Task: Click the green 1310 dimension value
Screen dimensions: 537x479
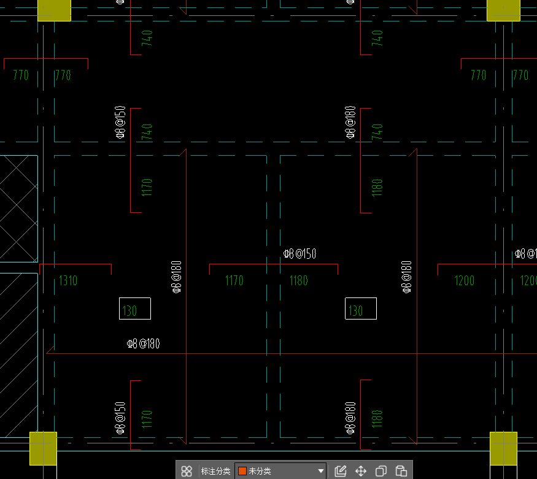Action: (x=68, y=280)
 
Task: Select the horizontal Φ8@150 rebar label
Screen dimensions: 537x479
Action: (x=299, y=254)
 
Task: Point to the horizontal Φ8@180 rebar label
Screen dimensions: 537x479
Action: (x=143, y=343)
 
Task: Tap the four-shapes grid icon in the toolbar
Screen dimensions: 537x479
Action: (x=187, y=471)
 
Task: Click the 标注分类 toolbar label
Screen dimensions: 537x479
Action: (x=216, y=471)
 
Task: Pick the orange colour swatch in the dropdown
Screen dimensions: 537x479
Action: (x=242, y=471)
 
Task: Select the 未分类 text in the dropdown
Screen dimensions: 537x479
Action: (x=260, y=471)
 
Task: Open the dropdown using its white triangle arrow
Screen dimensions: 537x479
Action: (x=321, y=471)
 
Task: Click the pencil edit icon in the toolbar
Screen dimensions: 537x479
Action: (x=341, y=471)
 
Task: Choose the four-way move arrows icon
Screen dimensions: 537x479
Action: (x=361, y=471)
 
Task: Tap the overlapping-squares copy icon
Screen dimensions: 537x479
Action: (x=381, y=471)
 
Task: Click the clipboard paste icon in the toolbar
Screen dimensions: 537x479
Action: (x=401, y=471)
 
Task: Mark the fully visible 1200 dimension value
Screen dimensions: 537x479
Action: (x=465, y=280)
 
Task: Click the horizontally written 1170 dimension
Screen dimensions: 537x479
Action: (x=234, y=280)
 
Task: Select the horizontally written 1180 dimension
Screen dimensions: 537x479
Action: (x=299, y=280)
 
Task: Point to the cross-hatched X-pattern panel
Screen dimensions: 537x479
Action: (x=19, y=209)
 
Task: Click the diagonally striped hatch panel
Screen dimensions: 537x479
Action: (x=19, y=355)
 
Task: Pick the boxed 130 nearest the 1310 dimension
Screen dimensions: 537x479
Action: (x=135, y=308)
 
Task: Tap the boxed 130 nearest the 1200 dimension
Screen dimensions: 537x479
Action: (x=361, y=308)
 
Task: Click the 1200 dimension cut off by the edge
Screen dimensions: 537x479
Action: (x=528, y=280)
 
